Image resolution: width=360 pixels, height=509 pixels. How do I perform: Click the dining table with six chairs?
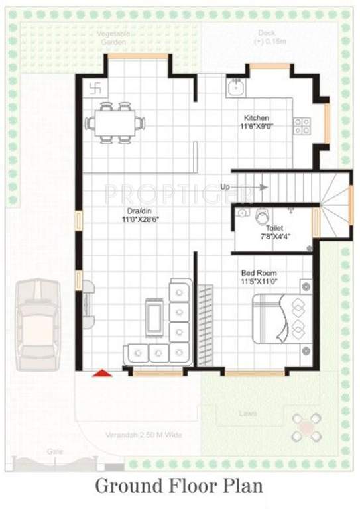coord(115,122)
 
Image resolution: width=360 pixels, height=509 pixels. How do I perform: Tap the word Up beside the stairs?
coord(225,187)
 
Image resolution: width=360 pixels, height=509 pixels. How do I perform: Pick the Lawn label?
coord(247,414)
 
